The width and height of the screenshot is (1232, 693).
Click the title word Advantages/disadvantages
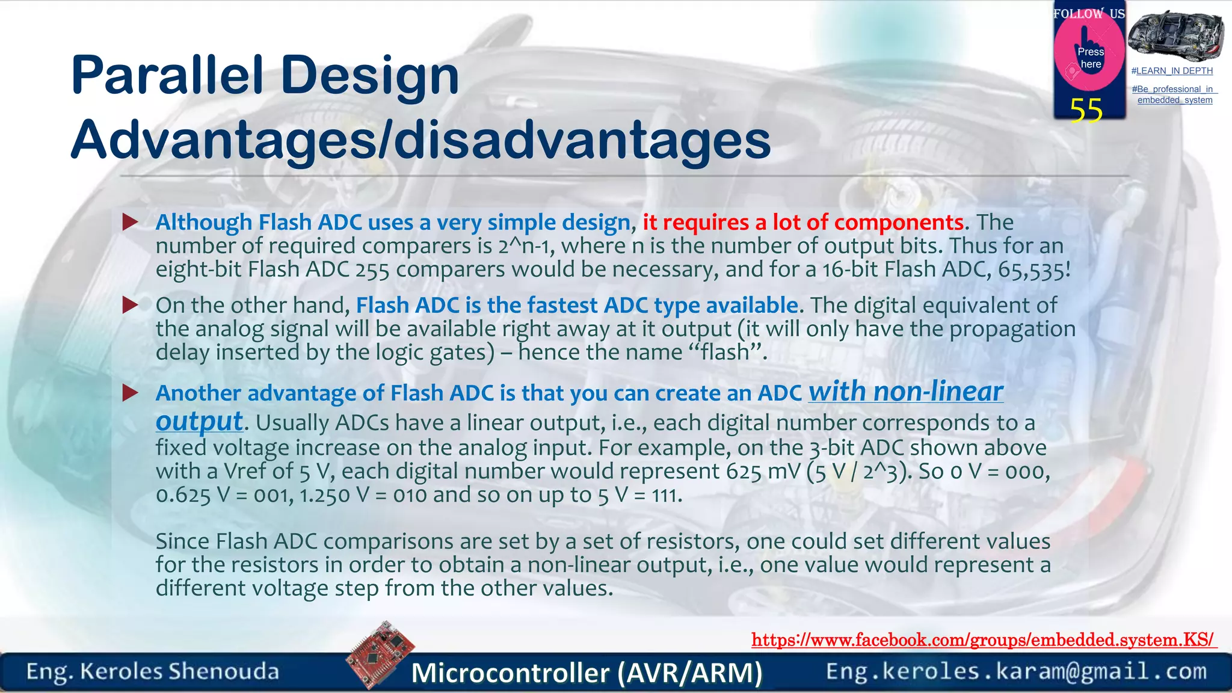[x=420, y=140]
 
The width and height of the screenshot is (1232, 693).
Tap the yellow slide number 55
[x=1086, y=111]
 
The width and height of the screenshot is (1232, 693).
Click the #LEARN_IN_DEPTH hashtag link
[x=1172, y=71]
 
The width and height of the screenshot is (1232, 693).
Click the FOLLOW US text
[x=1089, y=14]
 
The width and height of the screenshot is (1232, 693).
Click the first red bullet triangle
[x=130, y=222]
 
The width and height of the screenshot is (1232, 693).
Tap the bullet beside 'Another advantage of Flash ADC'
[x=130, y=393]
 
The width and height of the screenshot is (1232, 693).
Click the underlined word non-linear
[x=938, y=392]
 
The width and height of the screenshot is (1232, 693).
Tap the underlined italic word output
[x=199, y=422]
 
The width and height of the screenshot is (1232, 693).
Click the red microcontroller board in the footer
[x=381, y=654]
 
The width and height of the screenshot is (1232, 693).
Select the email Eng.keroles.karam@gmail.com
[x=1016, y=671]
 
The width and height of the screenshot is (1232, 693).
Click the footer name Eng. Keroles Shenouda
[x=153, y=671]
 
